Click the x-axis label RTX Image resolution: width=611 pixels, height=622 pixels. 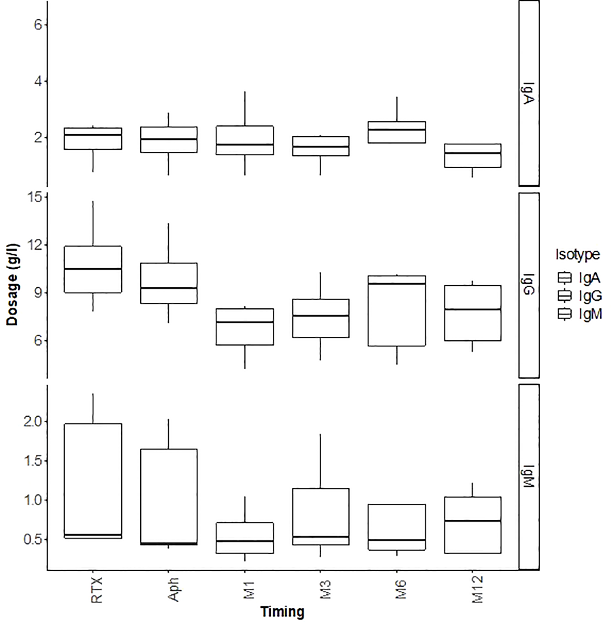pos(97,590)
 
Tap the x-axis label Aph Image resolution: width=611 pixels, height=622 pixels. pos(172,590)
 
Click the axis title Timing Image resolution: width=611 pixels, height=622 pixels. pos(282,612)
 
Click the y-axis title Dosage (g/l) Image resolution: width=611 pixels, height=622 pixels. pos(13,285)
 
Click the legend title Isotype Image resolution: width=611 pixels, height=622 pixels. pos(577,254)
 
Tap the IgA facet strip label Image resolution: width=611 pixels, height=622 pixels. pos(529,93)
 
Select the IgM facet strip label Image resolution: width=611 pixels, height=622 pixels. pos(529,477)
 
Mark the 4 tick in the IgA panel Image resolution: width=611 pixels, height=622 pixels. pos(38,81)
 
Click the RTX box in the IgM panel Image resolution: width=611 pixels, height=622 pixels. pos(93,479)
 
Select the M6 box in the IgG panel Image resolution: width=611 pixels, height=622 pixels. pos(397,311)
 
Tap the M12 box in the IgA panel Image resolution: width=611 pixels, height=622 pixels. pos(473,156)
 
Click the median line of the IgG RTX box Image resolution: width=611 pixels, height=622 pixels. pos(93,269)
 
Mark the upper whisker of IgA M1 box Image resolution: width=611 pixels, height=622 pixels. pos(245,109)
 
